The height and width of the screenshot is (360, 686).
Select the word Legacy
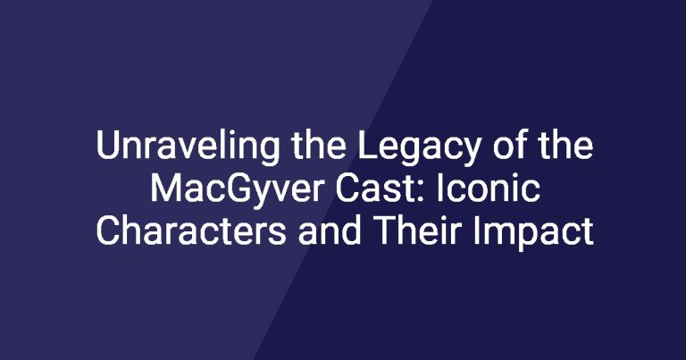coord(419,148)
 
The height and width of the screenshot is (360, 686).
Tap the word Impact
coord(533,233)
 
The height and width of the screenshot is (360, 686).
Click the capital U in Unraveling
coord(107,145)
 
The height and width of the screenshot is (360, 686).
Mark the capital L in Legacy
coord(368,145)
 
